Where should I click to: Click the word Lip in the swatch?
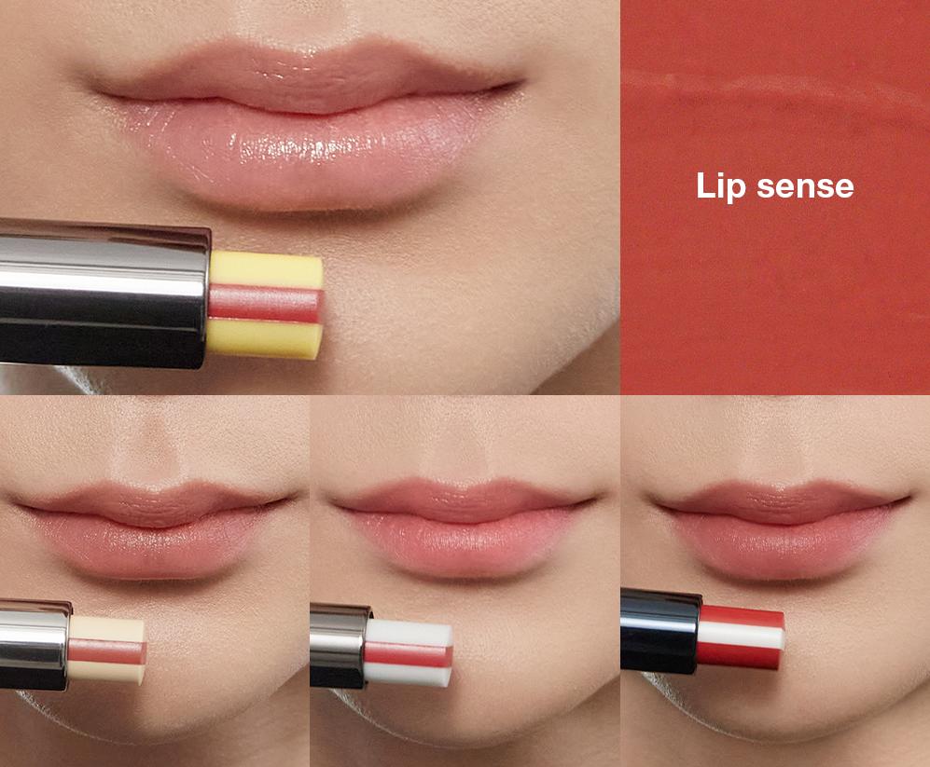point(720,185)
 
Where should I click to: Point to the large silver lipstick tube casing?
point(103,293)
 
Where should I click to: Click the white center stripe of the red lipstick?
point(743,637)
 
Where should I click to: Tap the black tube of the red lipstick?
point(660,631)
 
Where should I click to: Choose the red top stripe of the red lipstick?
point(743,615)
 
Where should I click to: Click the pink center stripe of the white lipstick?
point(410,653)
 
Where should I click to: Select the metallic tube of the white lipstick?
point(340,645)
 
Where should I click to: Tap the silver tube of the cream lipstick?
point(35,645)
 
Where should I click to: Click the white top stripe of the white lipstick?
point(410,631)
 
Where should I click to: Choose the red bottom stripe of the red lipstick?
point(743,658)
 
